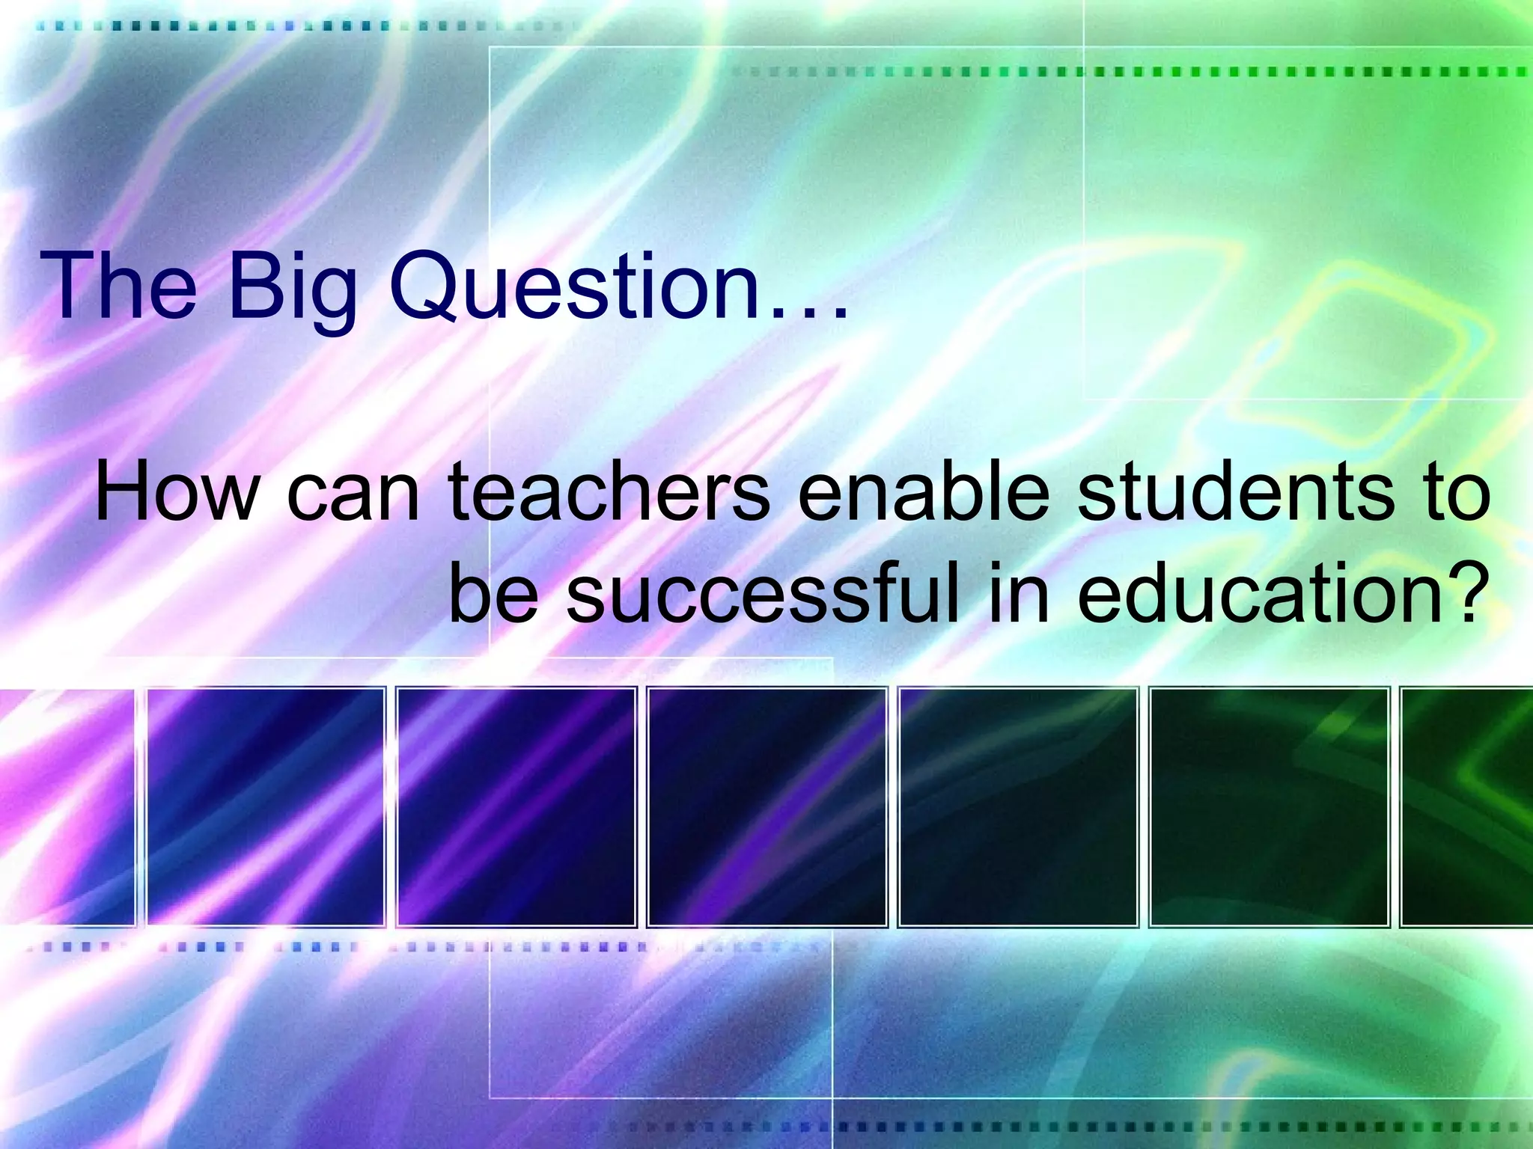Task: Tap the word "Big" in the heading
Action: pos(292,292)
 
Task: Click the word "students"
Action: pos(1236,494)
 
